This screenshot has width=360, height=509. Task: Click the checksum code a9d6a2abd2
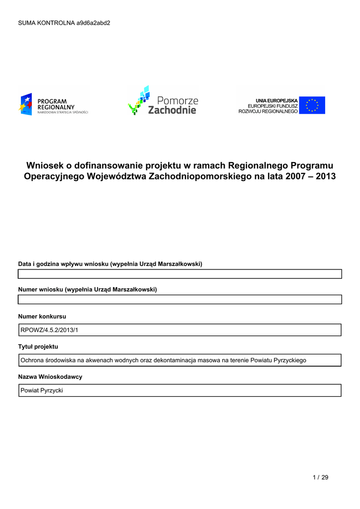(x=93, y=23)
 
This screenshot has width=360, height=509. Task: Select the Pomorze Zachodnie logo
(x=163, y=101)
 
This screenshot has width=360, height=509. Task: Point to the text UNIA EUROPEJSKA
(x=276, y=100)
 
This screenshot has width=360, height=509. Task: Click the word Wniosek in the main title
(x=45, y=165)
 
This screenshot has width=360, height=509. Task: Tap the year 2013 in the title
(x=325, y=176)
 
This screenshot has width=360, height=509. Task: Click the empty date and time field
(x=180, y=274)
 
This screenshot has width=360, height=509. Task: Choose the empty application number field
(x=180, y=299)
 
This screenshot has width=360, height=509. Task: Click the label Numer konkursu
(x=42, y=316)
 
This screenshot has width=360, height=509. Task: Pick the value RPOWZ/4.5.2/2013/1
(x=49, y=330)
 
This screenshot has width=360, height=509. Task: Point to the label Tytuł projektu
(x=38, y=346)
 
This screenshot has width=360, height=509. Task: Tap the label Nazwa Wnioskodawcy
(x=50, y=377)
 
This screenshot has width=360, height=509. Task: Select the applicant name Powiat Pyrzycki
(x=42, y=391)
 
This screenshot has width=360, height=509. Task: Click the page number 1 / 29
(x=321, y=478)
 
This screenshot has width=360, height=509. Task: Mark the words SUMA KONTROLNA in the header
(x=46, y=23)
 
